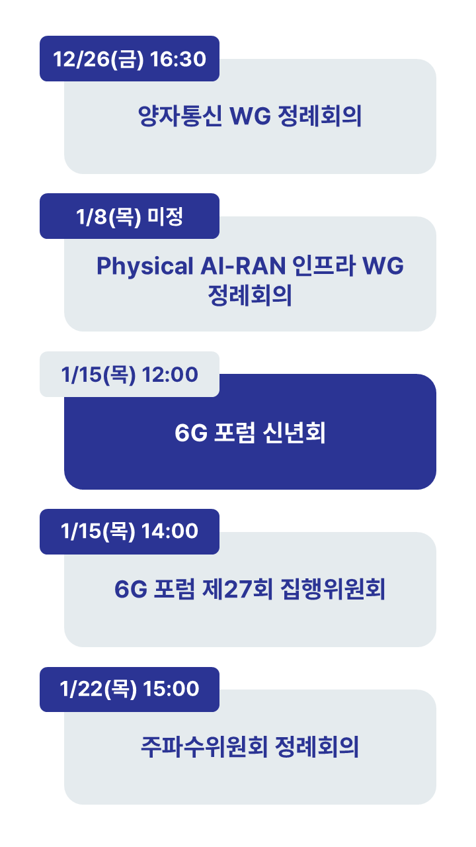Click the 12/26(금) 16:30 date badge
(x=130, y=59)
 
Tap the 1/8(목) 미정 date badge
(x=130, y=216)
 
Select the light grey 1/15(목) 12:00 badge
(x=130, y=374)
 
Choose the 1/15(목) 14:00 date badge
(x=130, y=531)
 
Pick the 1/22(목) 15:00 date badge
(x=130, y=690)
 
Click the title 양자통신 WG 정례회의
(x=250, y=116)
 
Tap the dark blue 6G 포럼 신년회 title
(x=250, y=432)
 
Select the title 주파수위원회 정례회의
(x=250, y=747)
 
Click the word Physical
(x=145, y=266)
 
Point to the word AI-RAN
(x=243, y=265)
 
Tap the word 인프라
(x=324, y=265)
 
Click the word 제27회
(x=237, y=589)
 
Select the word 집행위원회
(x=333, y=589)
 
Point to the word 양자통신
(x=180, y=116)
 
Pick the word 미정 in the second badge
(x=165, y=216)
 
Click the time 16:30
(x=178, y=59)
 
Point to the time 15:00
(x=171, y=689)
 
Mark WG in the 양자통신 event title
(x=250, y=116)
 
